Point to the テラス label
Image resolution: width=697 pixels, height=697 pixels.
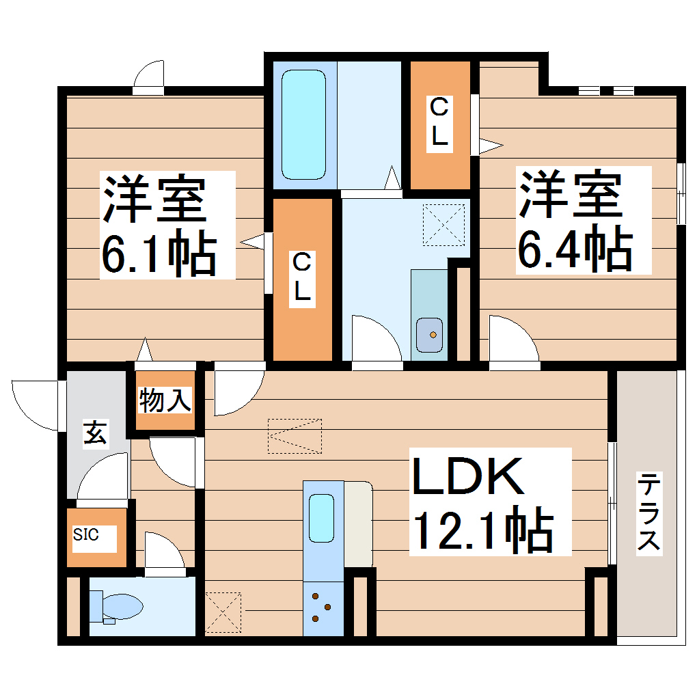pos(649,512)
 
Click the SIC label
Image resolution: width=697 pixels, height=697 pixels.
pos(86,534)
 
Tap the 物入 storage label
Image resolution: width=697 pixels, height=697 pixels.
pos(165,400)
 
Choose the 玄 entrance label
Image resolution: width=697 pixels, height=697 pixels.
pos(95,433)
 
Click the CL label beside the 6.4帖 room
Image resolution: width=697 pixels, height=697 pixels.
pos(439,122)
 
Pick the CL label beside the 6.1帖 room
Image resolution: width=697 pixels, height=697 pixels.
pos(303,277)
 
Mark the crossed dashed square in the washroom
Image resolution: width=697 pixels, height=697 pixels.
pos(443,225)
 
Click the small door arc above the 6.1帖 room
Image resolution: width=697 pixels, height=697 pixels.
pos(149,76)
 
